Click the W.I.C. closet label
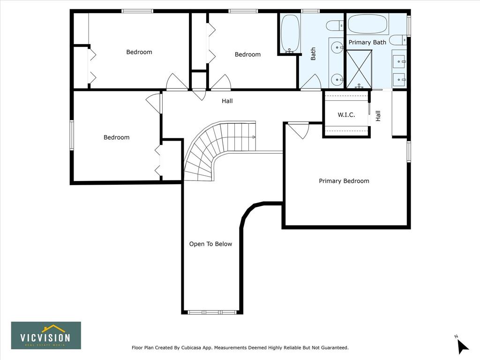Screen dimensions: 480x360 tap(346, 115)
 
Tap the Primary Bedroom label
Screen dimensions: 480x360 tap(344, 181)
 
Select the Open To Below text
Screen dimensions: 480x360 tap(210, 244)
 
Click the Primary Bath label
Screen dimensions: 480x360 tap(367, 42)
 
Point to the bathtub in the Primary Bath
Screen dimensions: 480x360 tap(368, 23)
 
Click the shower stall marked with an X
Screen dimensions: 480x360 tap(359, 69)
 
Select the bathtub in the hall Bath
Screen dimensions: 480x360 tap(290, 33)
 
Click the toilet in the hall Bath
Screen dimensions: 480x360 tap(335, 25)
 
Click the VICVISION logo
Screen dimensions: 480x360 tap(46, 336)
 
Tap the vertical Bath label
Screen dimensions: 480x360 tap(313, 54)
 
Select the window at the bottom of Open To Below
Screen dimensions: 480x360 tap(212, 312)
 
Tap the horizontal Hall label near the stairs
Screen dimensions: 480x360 tap(227, 101)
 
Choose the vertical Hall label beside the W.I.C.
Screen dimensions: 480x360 tap(378, 116)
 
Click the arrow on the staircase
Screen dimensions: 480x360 tap(254, 137)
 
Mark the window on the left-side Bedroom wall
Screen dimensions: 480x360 tap(72, 135)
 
